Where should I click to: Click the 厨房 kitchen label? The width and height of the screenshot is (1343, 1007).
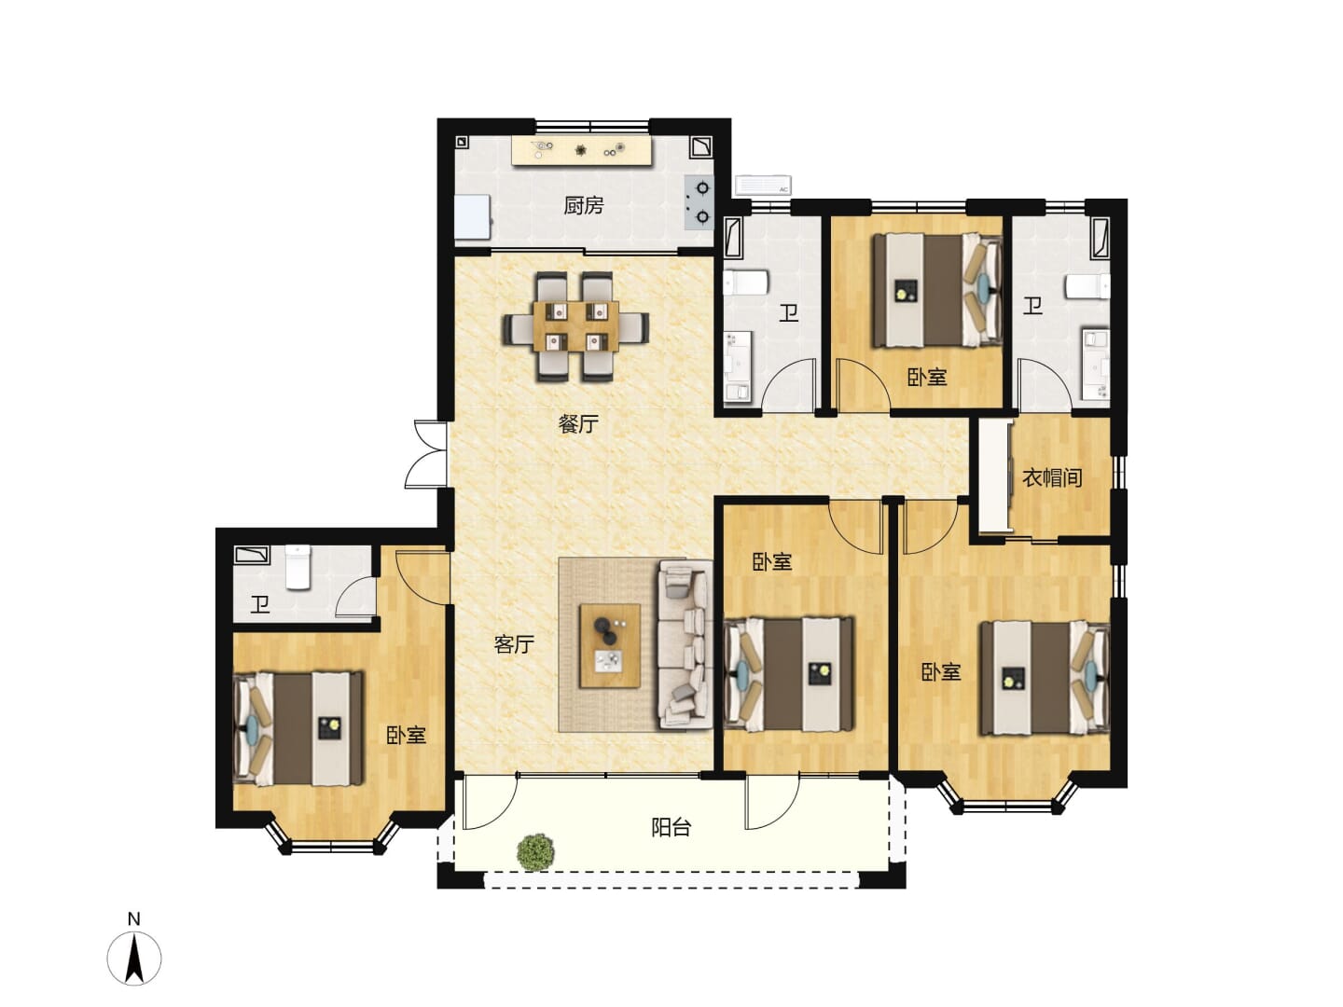tap(583, 205)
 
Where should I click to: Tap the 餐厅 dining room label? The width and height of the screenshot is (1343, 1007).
tap(577, 423)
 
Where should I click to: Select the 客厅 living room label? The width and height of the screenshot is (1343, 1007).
tap(513, 643)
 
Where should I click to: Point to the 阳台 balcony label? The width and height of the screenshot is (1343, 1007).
tap(671, 828)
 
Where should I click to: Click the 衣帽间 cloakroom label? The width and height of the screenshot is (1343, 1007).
tap(1052, 477)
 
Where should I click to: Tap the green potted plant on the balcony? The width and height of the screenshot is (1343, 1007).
tap(536, 851)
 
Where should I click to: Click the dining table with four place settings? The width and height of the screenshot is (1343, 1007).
tap(575, 326)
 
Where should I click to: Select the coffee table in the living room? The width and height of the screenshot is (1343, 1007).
tap(610, 645)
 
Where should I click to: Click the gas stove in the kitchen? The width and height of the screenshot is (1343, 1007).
tap(699, 202)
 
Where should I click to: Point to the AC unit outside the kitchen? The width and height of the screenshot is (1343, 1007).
tap(763, 185)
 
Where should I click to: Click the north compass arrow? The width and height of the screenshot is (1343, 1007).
tap(134, 959)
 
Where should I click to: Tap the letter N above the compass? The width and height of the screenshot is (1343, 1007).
tap(134, 918)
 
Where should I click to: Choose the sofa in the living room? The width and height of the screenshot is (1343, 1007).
tap(685, 644)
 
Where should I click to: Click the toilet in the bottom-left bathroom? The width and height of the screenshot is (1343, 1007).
tap(298, 568)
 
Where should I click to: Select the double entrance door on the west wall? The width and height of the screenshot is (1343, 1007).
tap(428, 454)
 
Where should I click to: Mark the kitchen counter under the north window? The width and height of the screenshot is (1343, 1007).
tap(581, 150)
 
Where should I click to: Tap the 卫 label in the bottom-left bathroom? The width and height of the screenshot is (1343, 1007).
tap(260, 605)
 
